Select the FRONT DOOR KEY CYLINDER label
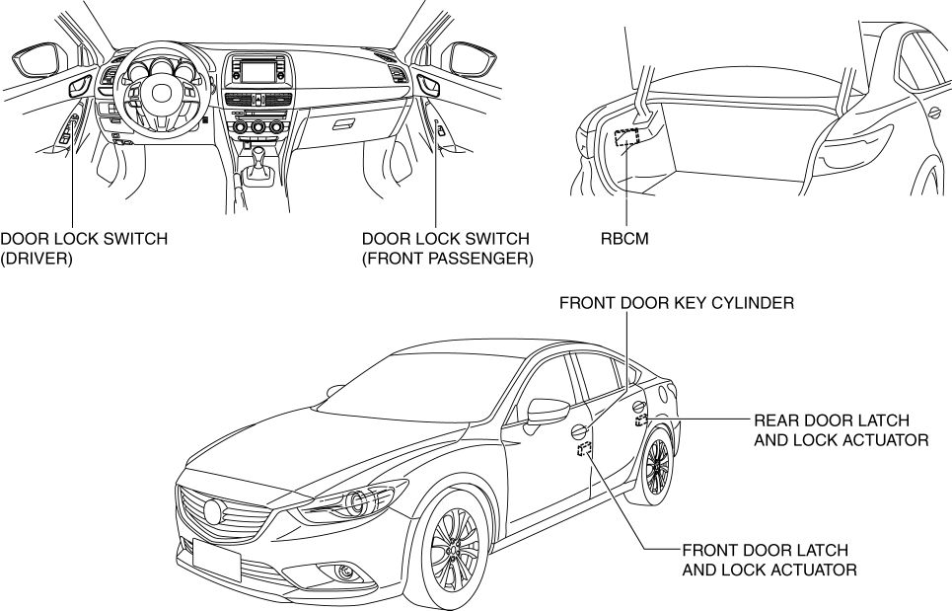click(676, 303)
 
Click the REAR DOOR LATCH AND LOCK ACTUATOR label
click(841, 428)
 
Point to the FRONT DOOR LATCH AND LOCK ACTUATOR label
click(767, 559)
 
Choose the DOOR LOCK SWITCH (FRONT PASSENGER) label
click(447, 248)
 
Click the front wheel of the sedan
click(453, 551)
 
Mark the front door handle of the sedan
click(576, 429)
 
